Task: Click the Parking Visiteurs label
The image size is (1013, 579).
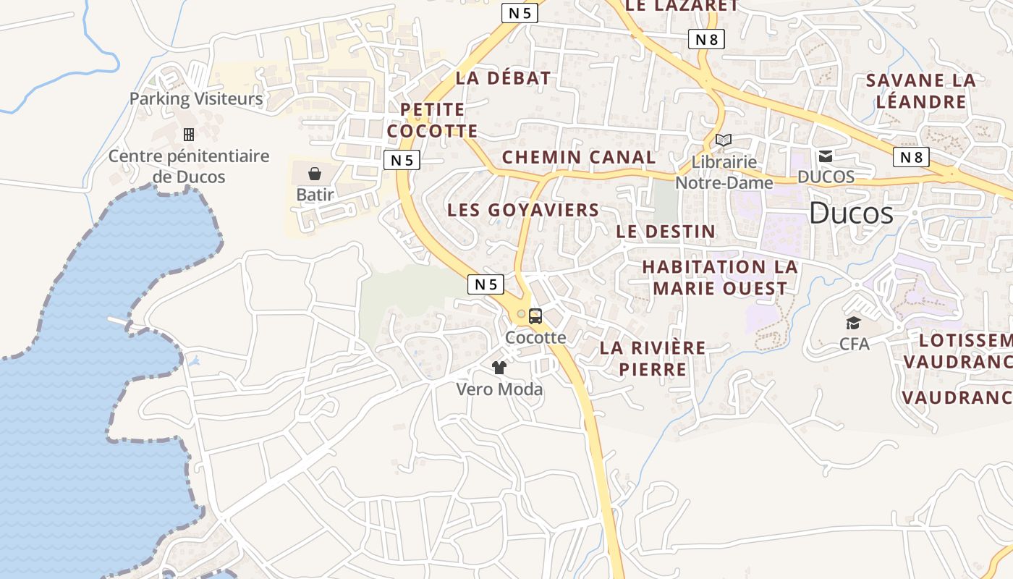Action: [196, 98]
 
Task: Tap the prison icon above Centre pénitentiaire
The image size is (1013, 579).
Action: [189, 135]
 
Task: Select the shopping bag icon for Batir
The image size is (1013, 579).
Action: [315, 174]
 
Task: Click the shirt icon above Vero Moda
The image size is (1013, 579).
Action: [499, 368]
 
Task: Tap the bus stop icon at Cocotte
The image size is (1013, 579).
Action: [535, 316]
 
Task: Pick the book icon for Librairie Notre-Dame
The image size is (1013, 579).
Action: [724, 140]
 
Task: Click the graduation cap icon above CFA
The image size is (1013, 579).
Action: [854, 323]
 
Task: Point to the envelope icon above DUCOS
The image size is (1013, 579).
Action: [825, 156]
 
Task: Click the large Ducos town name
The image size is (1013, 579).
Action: [851, 214]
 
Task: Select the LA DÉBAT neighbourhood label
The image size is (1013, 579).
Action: [503, 78]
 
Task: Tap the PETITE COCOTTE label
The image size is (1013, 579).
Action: [432, 120]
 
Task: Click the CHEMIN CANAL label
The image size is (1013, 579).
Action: [579, 157]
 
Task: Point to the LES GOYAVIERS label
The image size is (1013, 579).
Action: [523, 211]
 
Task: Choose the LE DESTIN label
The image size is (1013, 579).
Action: [666, 232]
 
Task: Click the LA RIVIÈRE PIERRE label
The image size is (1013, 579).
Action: [653, 358]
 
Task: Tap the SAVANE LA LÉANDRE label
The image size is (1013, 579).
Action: [921, 90]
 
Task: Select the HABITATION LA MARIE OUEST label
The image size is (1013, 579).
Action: [720, 277]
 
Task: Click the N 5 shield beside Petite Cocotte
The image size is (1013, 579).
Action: [402, 160]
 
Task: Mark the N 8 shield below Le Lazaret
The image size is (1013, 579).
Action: [706, 39]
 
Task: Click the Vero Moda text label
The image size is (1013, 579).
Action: [499, 389]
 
